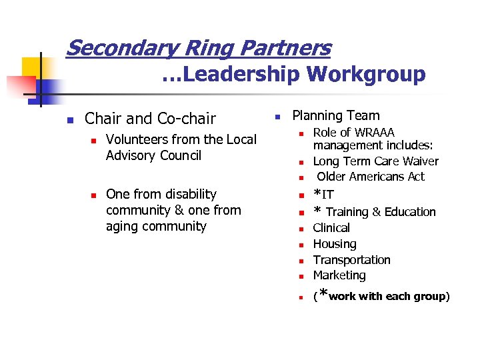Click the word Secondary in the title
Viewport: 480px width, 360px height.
(x=111, y=48)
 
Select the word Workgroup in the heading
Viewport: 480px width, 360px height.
(x=366, y=75)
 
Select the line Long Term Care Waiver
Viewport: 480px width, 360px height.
(x=375, y=161)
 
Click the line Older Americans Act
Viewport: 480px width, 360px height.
(x=371, y=177)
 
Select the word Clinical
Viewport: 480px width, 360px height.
(x=331, y=228)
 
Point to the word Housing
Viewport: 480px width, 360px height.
(x=335, y=244)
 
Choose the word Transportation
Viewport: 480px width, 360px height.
(x=351, y=260)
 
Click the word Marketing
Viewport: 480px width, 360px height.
(x=339, y=275)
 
